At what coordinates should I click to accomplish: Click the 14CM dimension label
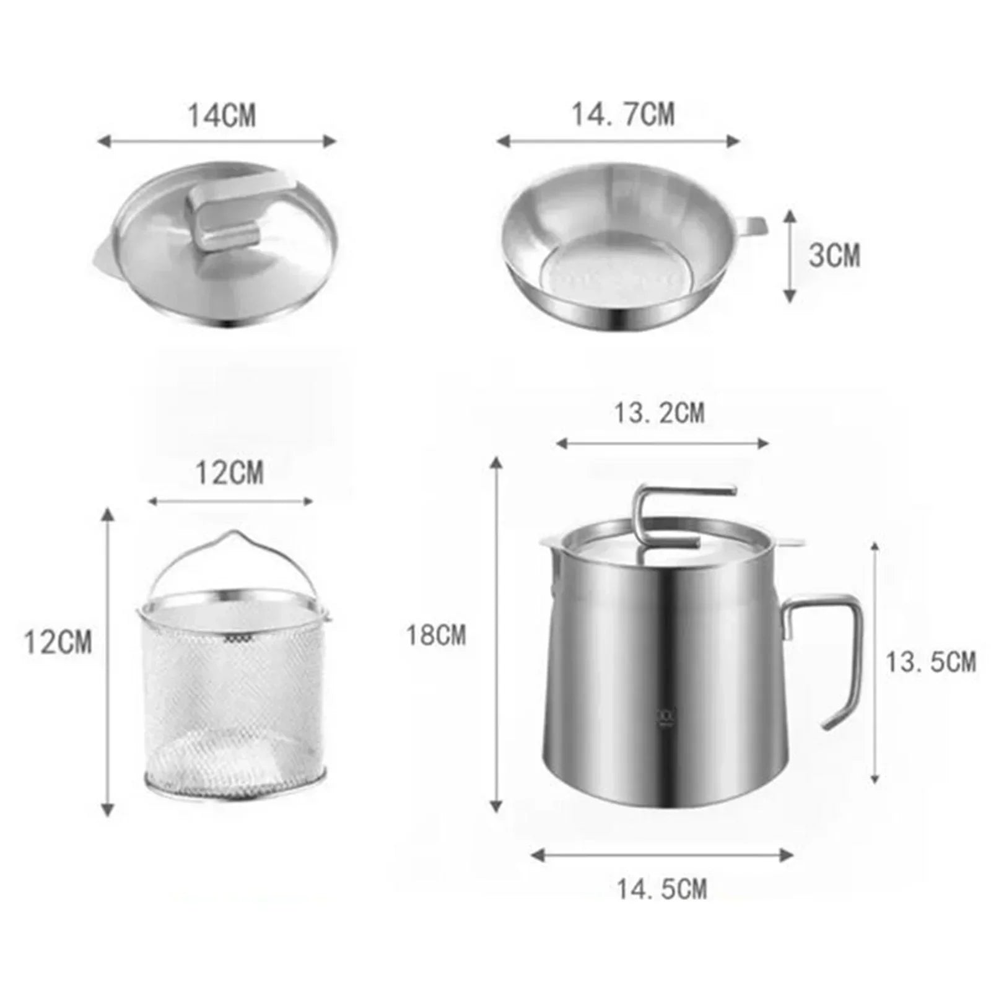[222, 116]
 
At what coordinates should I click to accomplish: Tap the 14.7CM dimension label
[623, 115]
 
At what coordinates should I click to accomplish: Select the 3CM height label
[834, 255]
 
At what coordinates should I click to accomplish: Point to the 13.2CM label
[659, 413]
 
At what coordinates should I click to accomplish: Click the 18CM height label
[436, 635]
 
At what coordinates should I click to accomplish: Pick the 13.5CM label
[930, 662]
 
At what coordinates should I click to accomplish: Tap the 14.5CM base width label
[661, 889]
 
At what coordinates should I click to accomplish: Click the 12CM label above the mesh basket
[230, 473]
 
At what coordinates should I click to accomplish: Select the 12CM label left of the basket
[58, 642]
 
